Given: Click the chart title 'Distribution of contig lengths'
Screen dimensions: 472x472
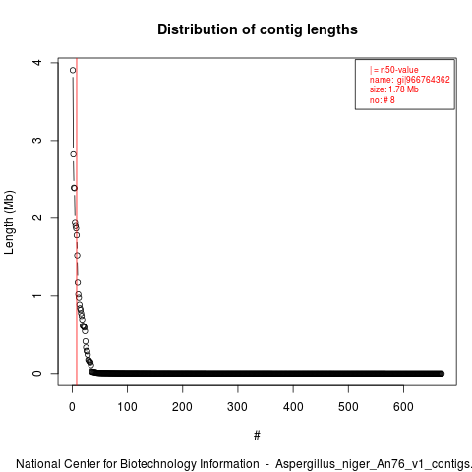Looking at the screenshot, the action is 258,29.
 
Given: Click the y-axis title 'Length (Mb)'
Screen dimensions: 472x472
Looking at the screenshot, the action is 9,222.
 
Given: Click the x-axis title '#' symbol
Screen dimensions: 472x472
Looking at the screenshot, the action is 257,436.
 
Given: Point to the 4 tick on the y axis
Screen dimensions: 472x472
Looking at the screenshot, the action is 38,62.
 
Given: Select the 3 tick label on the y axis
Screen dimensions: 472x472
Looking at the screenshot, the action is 38,140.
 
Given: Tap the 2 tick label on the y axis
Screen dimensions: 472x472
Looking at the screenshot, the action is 38,217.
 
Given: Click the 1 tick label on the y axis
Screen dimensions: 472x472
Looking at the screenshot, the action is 38,295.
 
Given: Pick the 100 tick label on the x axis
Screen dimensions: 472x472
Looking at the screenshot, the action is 127,407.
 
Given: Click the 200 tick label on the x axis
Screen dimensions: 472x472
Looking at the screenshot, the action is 182,407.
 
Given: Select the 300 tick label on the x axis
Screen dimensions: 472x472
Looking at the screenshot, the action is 238,407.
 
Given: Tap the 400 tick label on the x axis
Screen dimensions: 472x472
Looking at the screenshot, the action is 293,407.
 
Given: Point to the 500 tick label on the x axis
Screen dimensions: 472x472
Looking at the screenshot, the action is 348,407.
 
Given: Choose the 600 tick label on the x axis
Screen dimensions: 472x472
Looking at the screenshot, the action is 403,407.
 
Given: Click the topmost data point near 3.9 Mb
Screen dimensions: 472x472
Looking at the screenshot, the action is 73,70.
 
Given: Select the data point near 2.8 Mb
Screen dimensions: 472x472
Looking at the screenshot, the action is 74,154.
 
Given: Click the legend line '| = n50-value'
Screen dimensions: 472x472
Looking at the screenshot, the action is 394,70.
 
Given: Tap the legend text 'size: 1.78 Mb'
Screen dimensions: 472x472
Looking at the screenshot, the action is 394,89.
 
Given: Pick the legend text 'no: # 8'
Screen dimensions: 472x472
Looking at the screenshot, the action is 383,100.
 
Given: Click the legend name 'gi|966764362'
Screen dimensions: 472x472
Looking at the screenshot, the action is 424,80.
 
